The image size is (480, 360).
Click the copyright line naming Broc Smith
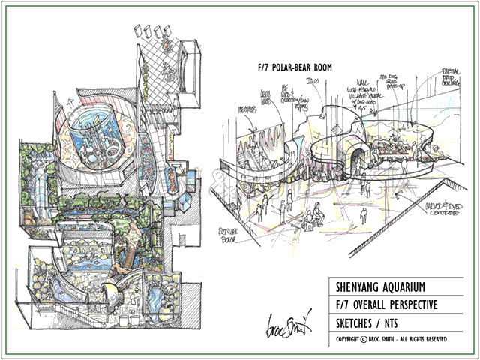point(392,340)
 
